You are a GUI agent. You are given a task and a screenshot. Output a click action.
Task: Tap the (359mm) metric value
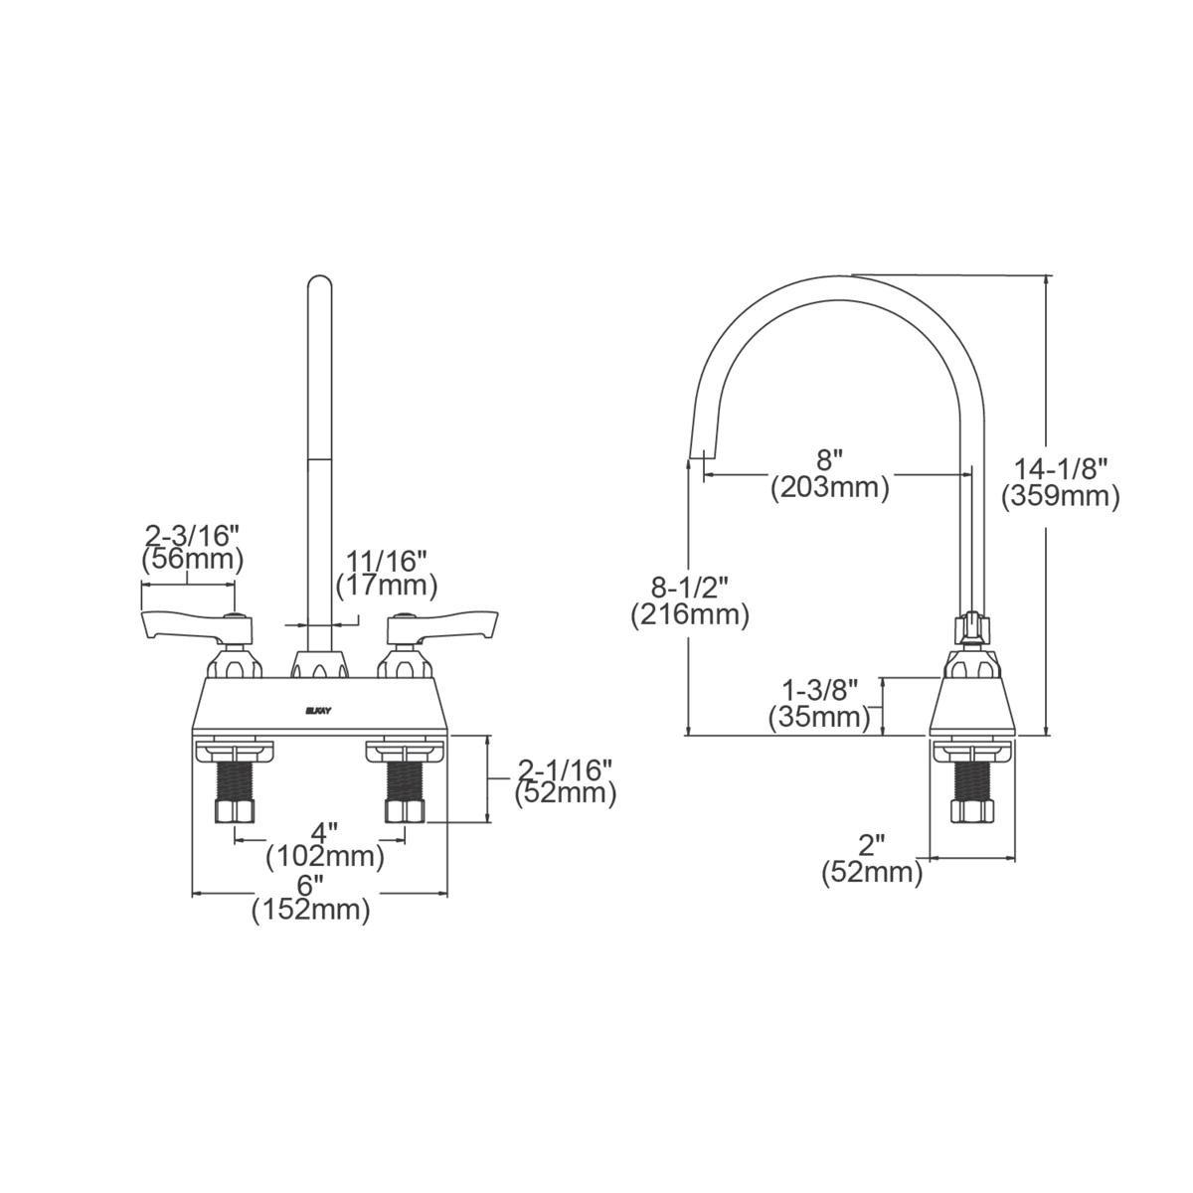(x=1061, y=496)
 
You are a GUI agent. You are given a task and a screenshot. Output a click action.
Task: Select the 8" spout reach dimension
(x=829, y=459)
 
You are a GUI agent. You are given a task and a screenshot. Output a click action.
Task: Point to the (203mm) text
(x=829, y=487)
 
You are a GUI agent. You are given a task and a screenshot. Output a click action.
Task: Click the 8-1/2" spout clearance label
(x=688, y=587)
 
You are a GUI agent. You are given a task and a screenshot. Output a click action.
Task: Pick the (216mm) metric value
(x=689, y=615)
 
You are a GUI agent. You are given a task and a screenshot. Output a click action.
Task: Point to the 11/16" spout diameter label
(x=387, y=559)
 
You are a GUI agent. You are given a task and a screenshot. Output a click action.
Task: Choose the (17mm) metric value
(x=387, y=586)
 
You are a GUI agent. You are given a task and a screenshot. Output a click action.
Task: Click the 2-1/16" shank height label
(x=566, y=768)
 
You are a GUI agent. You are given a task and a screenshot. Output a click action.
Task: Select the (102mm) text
(x=325, y=855)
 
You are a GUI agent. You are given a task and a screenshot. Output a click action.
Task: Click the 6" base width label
(x=311, y=883)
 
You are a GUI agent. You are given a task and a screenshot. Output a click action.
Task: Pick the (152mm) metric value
(x=311, y=909)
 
